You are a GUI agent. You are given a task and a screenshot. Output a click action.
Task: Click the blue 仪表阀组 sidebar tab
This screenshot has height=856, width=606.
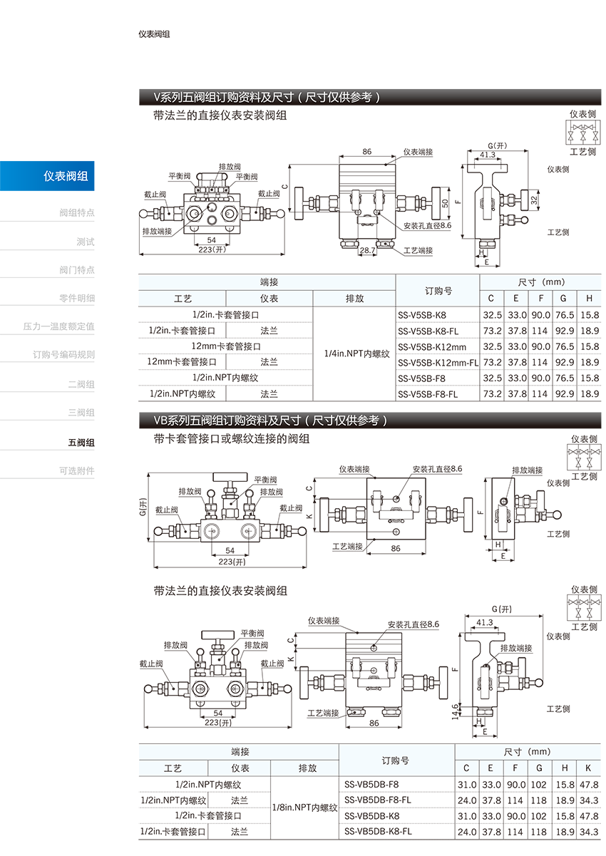coord(47,176)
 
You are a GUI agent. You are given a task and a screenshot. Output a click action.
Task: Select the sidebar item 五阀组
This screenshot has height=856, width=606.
coord(81,443)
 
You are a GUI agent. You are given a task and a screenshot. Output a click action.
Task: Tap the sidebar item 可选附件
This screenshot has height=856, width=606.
coord(76,471)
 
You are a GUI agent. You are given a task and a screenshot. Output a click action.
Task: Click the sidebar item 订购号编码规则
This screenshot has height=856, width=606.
coord(63,355)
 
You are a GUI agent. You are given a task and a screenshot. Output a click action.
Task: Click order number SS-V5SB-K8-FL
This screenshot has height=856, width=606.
coord(428,331)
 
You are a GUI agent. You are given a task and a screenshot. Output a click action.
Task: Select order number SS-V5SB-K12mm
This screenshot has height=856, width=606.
coord(431,347)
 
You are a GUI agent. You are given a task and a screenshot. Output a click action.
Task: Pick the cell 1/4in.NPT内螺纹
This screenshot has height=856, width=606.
coord(356,354)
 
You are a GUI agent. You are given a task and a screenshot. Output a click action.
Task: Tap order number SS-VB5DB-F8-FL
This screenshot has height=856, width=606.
coord(377,800)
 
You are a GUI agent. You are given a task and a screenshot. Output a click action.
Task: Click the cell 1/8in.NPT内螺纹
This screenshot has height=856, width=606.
coord(304,808)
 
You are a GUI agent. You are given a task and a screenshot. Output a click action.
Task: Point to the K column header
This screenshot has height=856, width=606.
coord(588,768)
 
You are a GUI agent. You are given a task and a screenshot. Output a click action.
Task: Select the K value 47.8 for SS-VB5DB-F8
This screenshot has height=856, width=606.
coord(589,784)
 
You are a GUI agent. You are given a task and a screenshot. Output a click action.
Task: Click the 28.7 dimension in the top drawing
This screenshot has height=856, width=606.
coord(367,250)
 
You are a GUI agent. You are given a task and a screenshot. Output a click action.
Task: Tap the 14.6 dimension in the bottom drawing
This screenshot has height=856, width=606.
coord(455,711)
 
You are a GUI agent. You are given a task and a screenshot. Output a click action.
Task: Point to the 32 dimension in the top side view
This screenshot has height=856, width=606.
coord(534,200)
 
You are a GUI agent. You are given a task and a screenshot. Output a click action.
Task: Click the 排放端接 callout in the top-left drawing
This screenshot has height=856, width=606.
coord(157,231)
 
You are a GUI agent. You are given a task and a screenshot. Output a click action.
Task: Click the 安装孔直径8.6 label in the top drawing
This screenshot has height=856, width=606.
coord(428,225)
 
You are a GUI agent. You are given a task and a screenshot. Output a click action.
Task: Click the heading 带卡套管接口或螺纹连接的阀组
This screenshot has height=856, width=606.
coord(231,438)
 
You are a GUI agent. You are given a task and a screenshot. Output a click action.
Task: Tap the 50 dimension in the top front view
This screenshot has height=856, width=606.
coord(445,203)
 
